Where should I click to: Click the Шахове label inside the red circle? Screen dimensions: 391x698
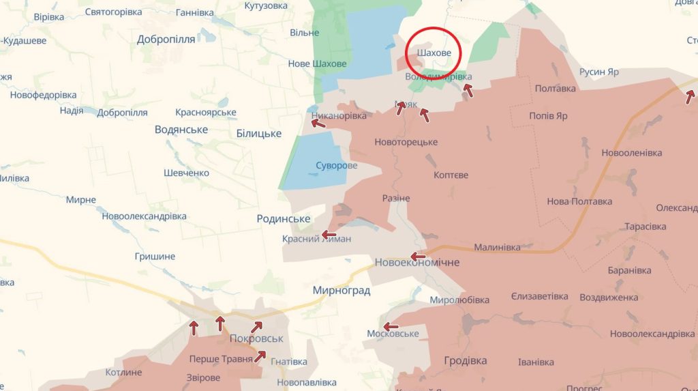pos(434,53)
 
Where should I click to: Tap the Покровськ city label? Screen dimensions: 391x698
pos(256,338)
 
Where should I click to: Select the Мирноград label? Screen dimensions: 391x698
pos(341,291)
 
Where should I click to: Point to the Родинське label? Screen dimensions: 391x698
pos(283,218)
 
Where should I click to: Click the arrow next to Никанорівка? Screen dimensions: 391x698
pos(318,124)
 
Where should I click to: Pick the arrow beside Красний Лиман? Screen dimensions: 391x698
pos(329,234)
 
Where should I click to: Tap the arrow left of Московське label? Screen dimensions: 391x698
pos(391,327)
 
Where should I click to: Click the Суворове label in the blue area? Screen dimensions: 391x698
pos(337,166)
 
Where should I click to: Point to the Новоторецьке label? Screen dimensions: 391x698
pos(406,142)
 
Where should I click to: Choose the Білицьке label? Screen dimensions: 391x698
pos(259,133)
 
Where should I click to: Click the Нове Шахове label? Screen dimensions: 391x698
pos(317,64)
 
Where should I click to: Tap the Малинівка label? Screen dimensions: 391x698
pos(497,247)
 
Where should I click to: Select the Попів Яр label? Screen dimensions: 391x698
pos(548,116)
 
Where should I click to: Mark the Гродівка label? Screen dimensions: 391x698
pos(466,360)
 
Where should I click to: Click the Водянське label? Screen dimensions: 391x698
pos(181,130)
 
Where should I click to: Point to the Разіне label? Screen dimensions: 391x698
pos(396,198)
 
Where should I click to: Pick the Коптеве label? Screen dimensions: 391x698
pos(451,175)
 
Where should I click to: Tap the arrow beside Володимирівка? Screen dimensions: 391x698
pos(468,90)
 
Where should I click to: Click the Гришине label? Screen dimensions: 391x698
pos(155,257)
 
